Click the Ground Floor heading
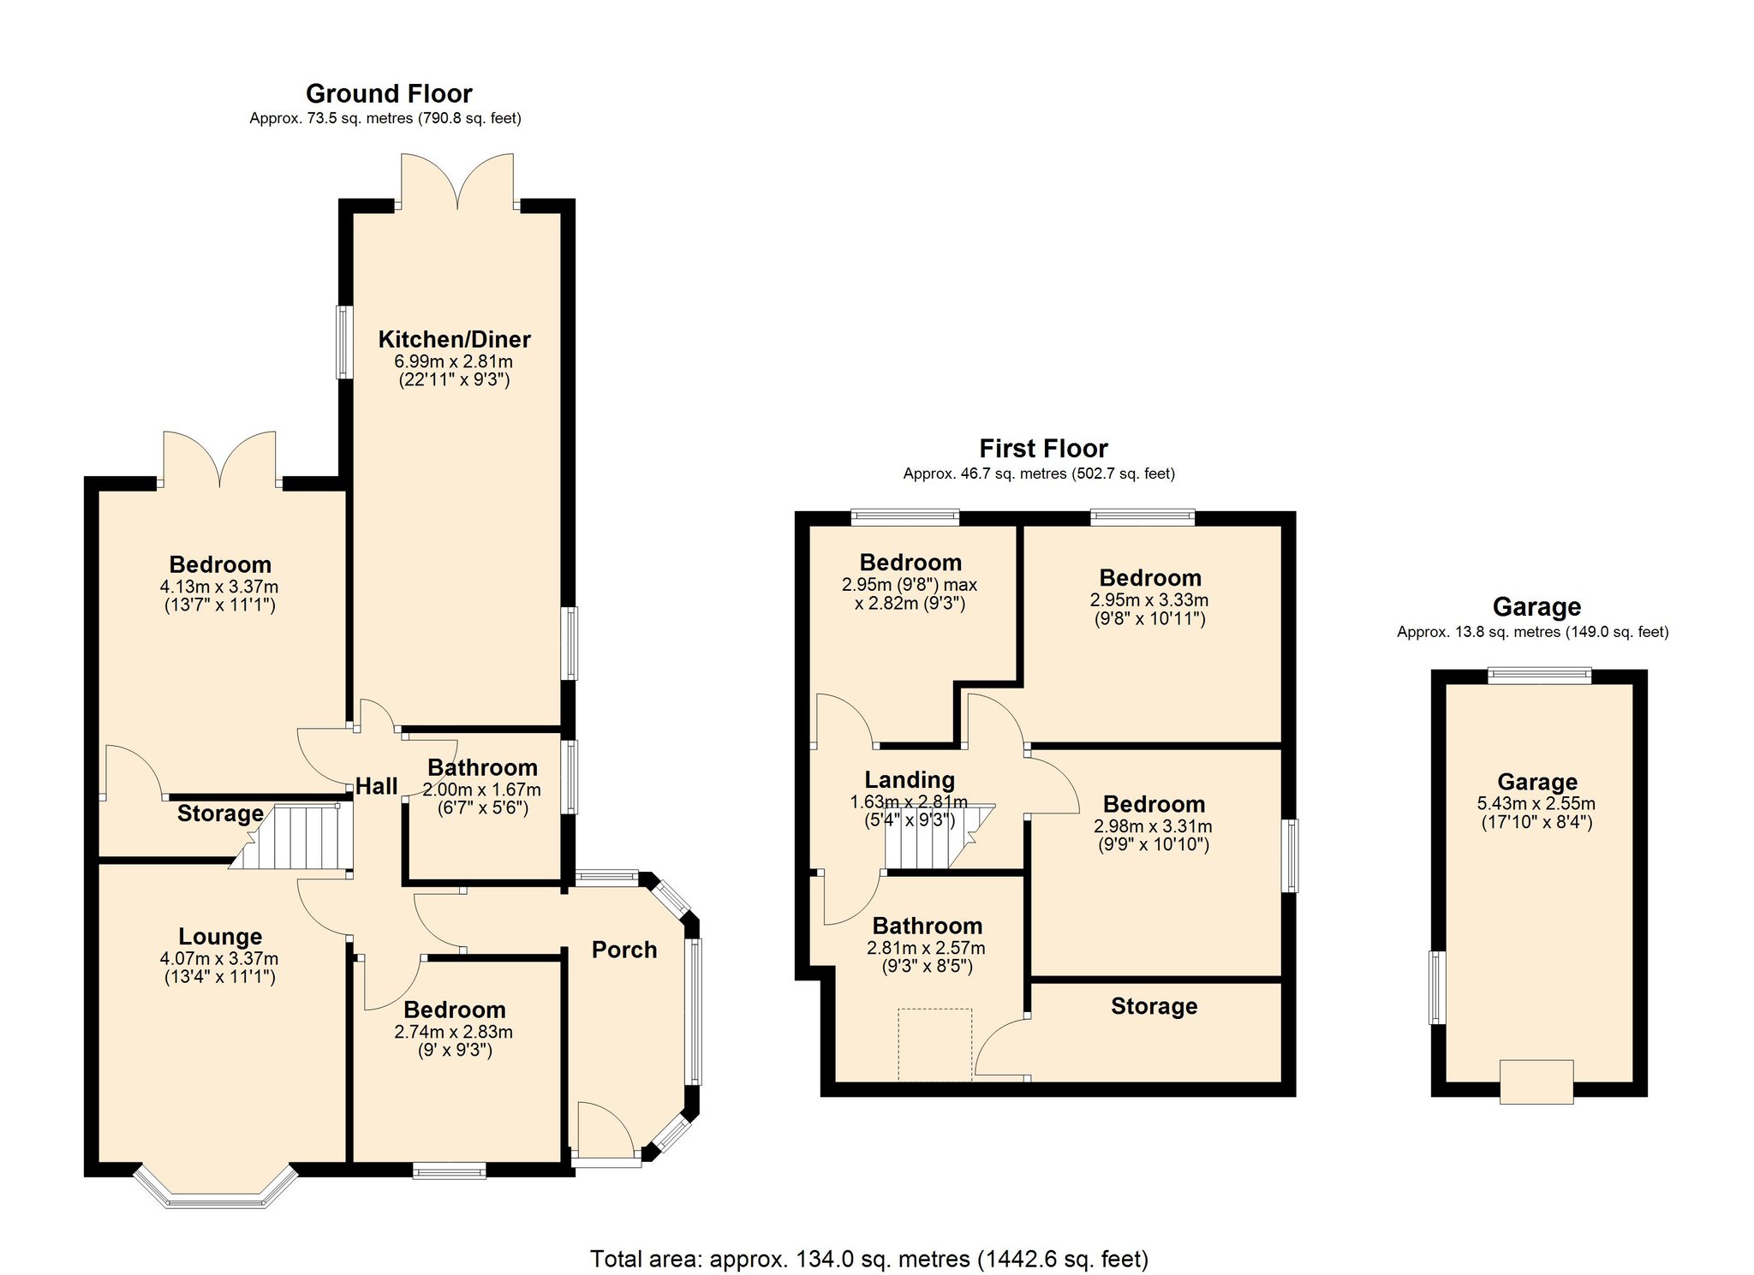point(389,93)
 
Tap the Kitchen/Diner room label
point(454,339)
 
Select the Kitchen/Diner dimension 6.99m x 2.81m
point(454,361)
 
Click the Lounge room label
point(220,937)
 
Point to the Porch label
point(624,950)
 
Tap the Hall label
point(376,786)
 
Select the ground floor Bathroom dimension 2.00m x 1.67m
point(482,789)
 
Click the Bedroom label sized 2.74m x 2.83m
point(455,1010)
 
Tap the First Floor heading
point(1043,449)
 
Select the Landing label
point(910,780)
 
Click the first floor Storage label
point(1154,1006)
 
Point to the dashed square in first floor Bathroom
point(934,1045)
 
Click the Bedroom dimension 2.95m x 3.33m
point(1149,600)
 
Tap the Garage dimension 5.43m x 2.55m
point(1536,804)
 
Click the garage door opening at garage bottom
point(1536,1082)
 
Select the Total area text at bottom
point(869,1259)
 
